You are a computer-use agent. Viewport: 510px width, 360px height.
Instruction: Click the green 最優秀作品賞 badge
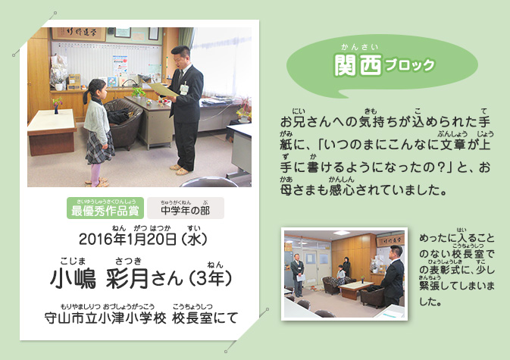pyautogui.click(x=105, y=208)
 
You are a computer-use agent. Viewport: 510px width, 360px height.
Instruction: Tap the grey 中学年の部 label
pyautogui.click(x=186, y=208)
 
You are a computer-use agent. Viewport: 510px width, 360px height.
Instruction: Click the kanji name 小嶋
pyautogui.click(x=74, y=279)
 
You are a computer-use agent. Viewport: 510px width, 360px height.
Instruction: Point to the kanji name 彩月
pyautogui.click(x=127, y=279)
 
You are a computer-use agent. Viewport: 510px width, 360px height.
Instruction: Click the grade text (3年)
pyautogui.click(x=211, y=278)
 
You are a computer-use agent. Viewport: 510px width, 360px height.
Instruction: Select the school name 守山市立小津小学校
pyautogui.click(x=105, y=318)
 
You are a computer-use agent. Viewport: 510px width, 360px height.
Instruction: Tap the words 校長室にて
pyautogui.click(x=205, y=318)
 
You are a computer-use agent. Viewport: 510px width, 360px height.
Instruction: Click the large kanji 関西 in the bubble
pyautogui.click(x=358, y=65)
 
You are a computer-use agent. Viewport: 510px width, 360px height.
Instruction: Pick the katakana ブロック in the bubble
pyautogui.click(x=409, y=65)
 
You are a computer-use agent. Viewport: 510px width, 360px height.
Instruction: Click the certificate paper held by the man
pyautogui.click(x=163, y=89)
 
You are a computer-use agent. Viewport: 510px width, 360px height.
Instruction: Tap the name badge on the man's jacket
pyautogui.click(x=184, y=89)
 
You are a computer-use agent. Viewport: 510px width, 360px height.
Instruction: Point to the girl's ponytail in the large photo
pyautogui.click(x=86, y=96)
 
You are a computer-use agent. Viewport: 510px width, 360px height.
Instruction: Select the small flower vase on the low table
pyautogui.click(x=57, y=106)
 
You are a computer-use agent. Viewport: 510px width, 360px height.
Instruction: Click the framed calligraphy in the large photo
pyautogui.click(x=79, y=34)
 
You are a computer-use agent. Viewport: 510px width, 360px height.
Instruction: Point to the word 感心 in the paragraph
pyautogui.click(x=342, y=190)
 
